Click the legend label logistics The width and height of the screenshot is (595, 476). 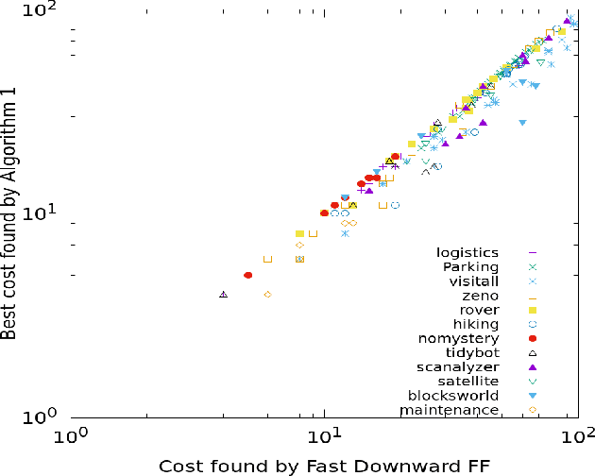tap(467, 252)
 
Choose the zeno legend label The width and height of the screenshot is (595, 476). tap(481, 295)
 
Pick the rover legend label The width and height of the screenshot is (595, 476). tap(479, 309)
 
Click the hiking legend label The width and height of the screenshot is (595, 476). tap(476, 323)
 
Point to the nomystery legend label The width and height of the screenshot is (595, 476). tap(458, 337)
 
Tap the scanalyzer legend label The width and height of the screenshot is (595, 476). tap(457, 366)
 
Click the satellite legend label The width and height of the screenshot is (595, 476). tap(468, 381)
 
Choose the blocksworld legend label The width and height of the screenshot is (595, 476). tap(452, 395)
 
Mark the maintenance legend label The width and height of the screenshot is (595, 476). tap(449, 410)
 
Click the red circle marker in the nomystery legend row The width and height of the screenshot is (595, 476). tap(533, 338)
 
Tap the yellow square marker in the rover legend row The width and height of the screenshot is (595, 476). tap(533, 310)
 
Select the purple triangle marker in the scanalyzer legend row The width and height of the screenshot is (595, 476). tap(533, 366)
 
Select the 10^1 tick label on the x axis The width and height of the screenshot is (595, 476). tap(325, 436)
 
